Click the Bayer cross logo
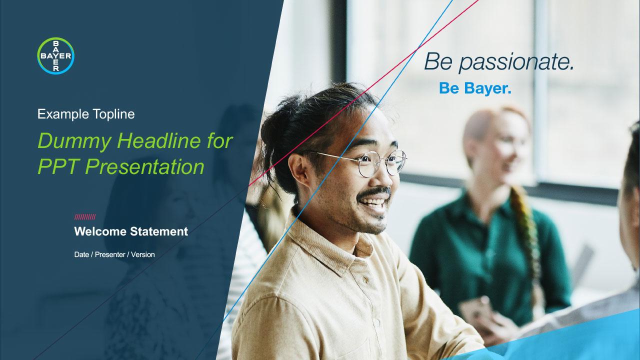pyautogui.click(x=55, y=55)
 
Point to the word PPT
pyautogui.click(x=58, y=166)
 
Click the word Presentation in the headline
pyautogui.click(x=144, y=166)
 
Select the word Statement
pyautogui.click(x=159, y=231)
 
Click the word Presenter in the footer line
pyautogui.click(x=110, y=254)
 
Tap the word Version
pyautogui.click(x=143, y=254)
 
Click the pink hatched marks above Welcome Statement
pyautogui.click(x=85, y=217)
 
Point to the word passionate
pyautogui.click(x=516, y=62)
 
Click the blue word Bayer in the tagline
pyautogui.click(x=487, y=88)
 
